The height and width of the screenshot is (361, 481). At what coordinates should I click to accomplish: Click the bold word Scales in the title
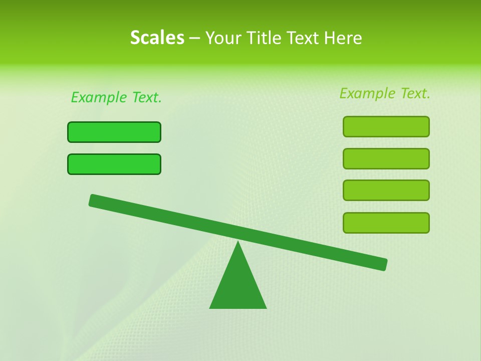pos(157,38)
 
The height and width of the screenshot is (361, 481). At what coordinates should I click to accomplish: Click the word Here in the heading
pos(343,38)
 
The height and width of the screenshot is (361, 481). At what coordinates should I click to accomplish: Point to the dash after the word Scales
pos(195,38)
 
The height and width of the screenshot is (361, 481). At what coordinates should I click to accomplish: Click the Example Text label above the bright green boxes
pos(116,97)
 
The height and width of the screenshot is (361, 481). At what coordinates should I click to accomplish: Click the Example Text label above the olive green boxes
pos(385,93)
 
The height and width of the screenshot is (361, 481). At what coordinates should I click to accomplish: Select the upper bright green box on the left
pos(114,132)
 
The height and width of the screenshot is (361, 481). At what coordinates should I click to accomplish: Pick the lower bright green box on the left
pos(114,164)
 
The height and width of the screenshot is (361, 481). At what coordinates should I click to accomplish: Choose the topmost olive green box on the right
pos(386,126)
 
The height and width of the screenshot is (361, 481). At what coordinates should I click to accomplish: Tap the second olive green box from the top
pos(386,158)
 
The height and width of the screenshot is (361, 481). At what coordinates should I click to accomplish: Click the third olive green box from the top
pos(386,190)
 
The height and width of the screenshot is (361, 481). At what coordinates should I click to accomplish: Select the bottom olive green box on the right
pos(386,223)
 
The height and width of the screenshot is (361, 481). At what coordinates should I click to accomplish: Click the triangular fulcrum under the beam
pos(238,286)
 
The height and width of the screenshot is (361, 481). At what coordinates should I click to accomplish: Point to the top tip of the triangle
pos(238,243)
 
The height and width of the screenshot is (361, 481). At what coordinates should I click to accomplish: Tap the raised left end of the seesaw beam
pos(95,201)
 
